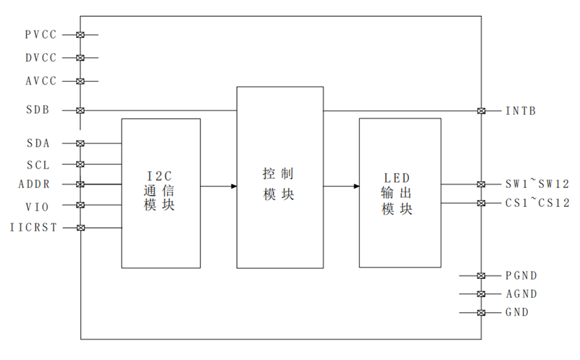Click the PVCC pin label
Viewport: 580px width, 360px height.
[x=41, y=35]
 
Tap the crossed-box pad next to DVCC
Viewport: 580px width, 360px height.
[x=80, y=58]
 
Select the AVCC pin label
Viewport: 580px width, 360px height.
[x=41, y=81]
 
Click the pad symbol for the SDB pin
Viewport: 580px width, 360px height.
[x=80, y=110]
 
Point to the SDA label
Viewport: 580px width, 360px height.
[x=38, y=143]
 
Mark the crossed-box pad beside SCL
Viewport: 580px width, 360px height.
[x=80, y=164]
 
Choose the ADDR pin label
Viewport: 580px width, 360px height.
[x=34, y=185]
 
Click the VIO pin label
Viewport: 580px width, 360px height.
[x=37, y=207]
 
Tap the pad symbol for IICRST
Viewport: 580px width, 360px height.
[x=80, y=228]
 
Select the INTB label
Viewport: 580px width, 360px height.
[x=521, y=110]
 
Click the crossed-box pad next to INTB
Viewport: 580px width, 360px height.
[x=481, y=110]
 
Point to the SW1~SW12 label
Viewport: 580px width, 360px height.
[x=537, y=184]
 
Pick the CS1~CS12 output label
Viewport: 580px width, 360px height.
[x=537, y=203]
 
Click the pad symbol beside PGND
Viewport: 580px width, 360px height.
[x=481, y=275]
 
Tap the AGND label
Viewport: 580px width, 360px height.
[x=521, y=294]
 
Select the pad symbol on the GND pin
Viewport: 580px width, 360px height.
[x=481, y=312]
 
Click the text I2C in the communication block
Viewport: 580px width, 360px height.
[x=159, y=175]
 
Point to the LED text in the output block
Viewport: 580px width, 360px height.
[x=396, y=178]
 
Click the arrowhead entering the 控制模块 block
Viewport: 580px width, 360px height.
[x=234, y=186]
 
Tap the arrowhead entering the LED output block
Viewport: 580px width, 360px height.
[x=356, y=186]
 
